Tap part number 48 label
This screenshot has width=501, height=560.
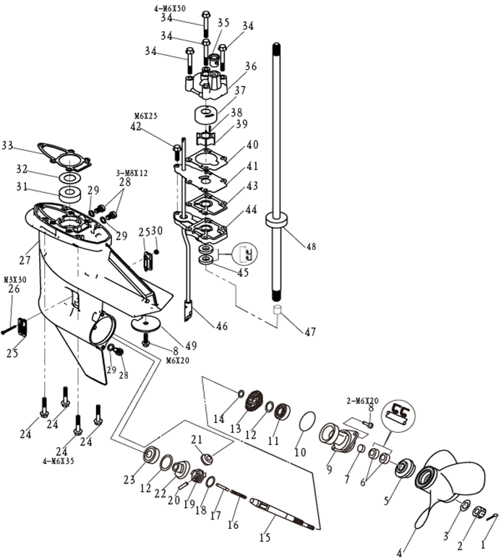click(311, 246)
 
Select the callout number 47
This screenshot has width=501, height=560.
click(309, 332)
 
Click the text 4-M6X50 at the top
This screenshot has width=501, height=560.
click(169, 8)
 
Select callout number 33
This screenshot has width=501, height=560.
click(8, 146)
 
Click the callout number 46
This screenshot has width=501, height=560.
click(221, 326)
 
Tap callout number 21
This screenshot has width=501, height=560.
click(197, 440)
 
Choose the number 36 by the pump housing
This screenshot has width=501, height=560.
click(251, 66)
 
